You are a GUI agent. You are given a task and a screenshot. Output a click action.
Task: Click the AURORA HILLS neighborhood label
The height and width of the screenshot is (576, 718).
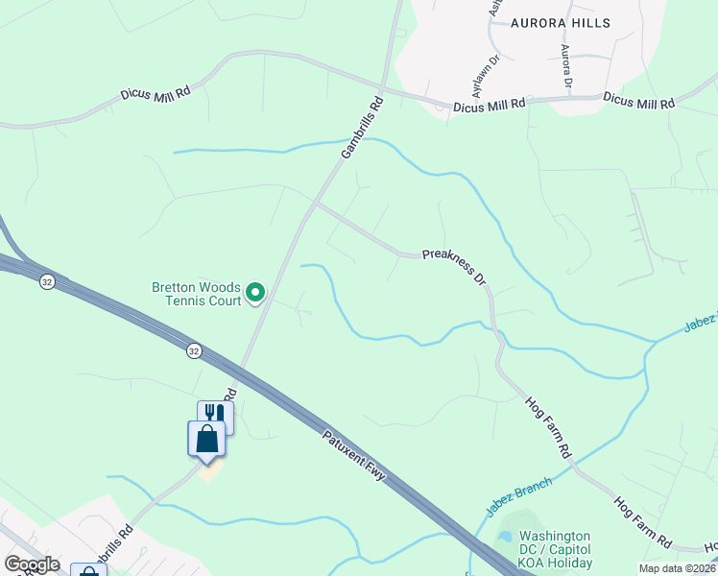(561, 21)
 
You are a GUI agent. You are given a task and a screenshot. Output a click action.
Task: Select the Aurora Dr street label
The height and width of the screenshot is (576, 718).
(565, 67)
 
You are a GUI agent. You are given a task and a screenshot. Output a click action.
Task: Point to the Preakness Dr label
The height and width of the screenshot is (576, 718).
(455, 266)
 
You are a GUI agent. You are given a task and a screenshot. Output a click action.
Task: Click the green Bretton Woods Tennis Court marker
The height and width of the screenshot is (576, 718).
(254, 291)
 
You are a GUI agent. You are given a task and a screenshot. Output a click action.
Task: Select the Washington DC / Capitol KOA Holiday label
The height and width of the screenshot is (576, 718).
(556, 550)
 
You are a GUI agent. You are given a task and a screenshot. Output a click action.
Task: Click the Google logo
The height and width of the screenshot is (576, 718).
(32, 564)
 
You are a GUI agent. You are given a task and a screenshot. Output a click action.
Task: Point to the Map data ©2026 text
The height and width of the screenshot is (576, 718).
(678, 568)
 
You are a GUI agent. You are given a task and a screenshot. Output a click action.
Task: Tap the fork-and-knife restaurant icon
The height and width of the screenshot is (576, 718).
(215, 414)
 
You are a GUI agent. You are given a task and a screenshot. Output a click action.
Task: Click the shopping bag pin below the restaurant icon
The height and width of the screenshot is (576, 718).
(206, 439)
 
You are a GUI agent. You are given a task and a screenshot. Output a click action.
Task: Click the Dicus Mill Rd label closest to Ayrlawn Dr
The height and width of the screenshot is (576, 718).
(490, 103)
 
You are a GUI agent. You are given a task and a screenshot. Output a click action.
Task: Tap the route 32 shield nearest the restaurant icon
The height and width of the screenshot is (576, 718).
(194, 350)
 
